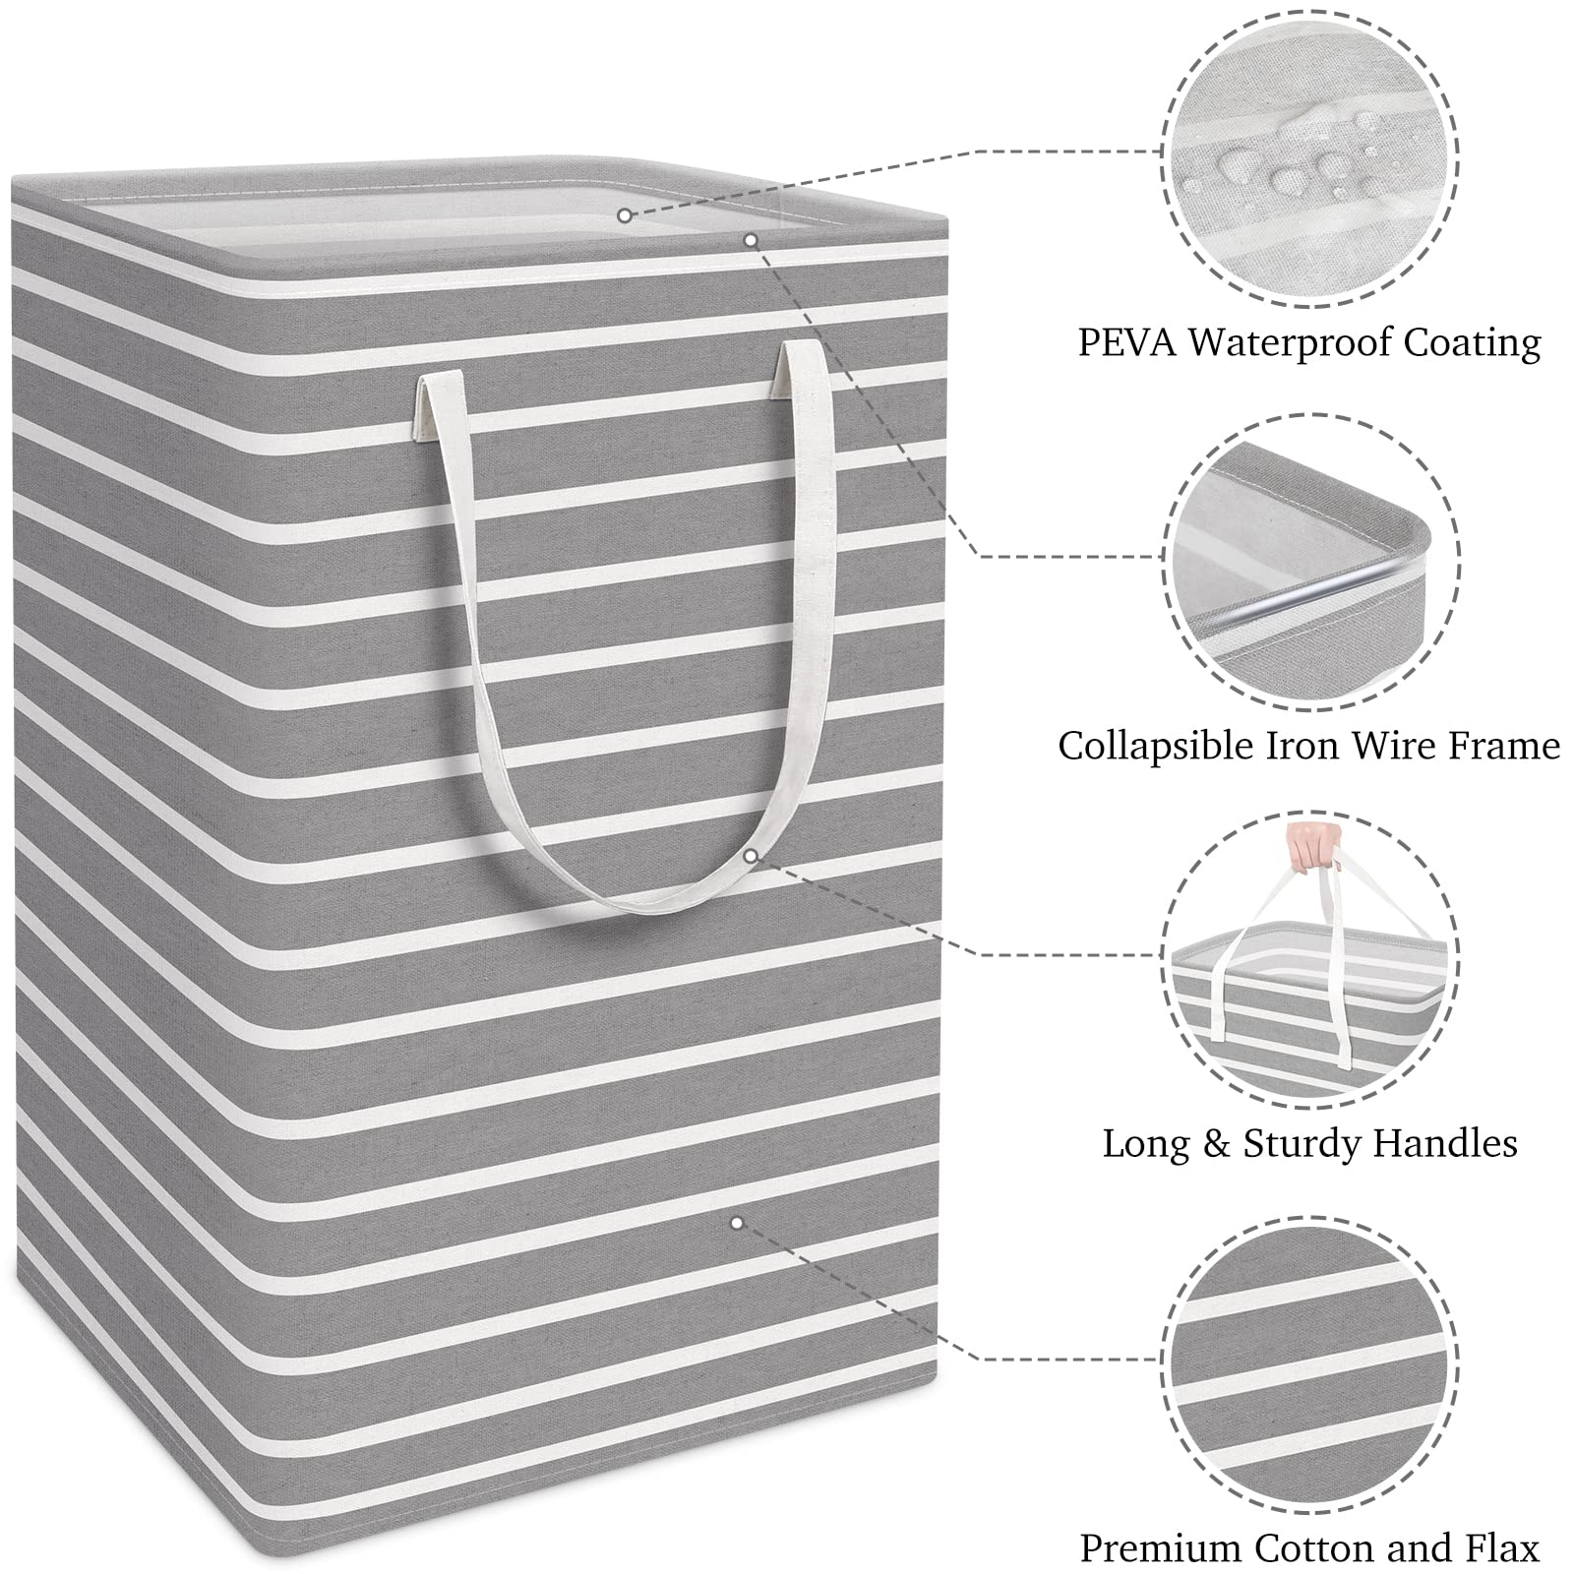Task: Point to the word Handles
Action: click(x=1445, y=1144)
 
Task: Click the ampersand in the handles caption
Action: click(x=1216, y=1145)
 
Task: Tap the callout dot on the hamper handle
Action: click(x=751, y=856)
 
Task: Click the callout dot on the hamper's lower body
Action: click(x=736, y=1223)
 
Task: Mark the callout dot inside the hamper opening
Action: click(x=625, y=214)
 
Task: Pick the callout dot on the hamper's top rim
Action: click(x=751, y=239)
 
